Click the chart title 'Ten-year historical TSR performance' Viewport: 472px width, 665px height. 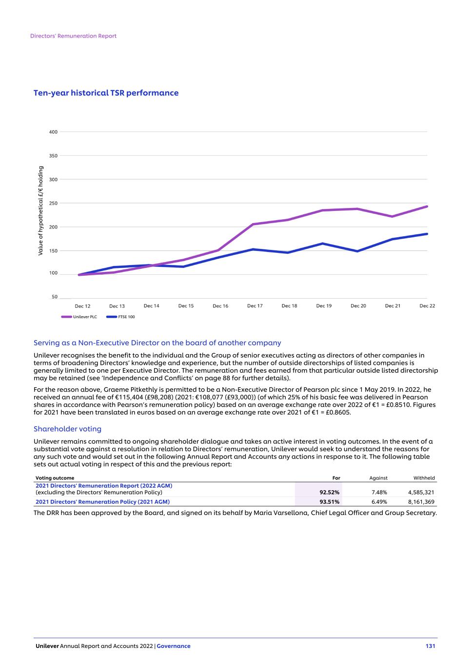click(x=106, y=93)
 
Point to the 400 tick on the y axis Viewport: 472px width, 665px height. click(x=53, y=132)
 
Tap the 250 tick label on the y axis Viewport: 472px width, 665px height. click(x=53, y=203)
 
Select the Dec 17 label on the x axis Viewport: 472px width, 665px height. click(x=255, y=306)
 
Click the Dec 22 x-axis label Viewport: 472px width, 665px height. click(x=427, y=306)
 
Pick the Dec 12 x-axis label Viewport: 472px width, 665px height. click(x=82, y=306)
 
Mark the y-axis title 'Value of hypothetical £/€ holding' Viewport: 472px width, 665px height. click(x=41, y=211)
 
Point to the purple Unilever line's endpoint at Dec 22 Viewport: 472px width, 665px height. click(x=427, y=207)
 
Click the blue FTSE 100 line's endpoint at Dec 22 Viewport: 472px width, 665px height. click(x=427, y=234)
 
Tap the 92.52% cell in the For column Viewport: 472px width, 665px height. click(x=329, y=493)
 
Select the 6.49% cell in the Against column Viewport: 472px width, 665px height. click(x=379, y=502)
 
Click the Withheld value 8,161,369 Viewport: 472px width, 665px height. click(x=421, y=502)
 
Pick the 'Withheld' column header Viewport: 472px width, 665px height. click(x=424, y=478)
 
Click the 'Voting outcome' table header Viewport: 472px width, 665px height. click(x=55, y=478)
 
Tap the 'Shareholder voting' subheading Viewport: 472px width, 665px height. click(x=67, y=429)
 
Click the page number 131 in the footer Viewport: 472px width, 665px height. click(x=430, y=646)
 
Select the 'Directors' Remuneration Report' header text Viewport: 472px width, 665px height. click(x=73, y=36)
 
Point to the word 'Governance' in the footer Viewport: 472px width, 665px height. click(x=174, y=646)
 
